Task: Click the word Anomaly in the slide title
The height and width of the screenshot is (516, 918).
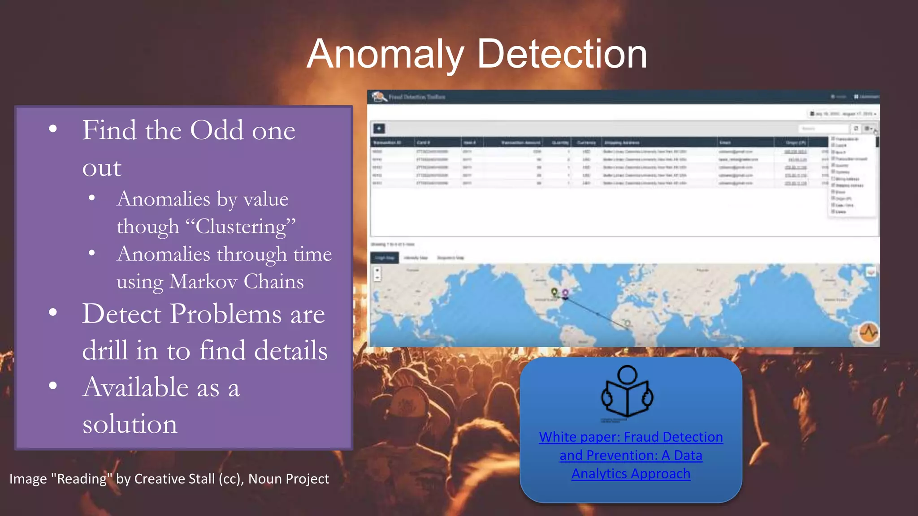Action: pos(385,55)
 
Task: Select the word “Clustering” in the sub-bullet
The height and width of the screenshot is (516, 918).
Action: pos(246,227)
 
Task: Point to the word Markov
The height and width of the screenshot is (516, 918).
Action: pos(204,282)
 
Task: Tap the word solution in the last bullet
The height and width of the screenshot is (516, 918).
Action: pos(130,424)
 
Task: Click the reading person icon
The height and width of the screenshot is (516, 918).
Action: pos(627,392)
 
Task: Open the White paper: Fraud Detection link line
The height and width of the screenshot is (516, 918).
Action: pos(631,437)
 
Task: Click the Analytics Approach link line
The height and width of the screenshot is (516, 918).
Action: pos(631,473)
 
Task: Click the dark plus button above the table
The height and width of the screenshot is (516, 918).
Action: pos(379,129)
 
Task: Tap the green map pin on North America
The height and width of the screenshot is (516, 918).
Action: pos(554,292)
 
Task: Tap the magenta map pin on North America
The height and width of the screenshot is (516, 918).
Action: pos(565,293)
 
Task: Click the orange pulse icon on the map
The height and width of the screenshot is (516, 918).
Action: pos(869,333)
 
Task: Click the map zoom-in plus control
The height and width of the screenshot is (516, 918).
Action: pos(377,270)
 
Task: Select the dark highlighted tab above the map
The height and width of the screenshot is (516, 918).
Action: pos(385,258)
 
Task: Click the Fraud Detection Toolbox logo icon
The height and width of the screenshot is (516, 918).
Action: pos(379,97)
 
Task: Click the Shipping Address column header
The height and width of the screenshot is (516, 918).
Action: pos(621,143)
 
